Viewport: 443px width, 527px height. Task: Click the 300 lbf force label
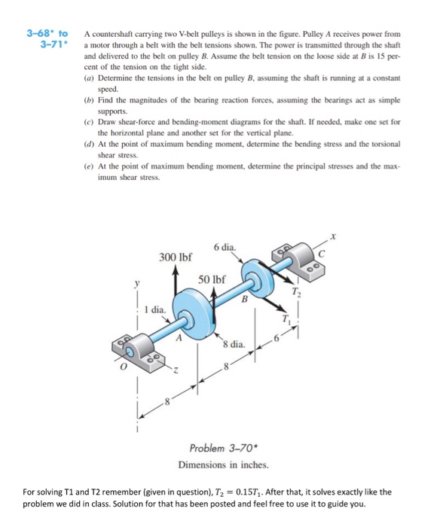[174, 257]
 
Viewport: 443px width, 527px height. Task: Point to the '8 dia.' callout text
[234, 345]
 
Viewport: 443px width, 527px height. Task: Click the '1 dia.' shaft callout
[154, 309]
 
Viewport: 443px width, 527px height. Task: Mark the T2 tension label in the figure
[296, 293]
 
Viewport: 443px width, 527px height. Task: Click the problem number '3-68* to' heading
[47, 34]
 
